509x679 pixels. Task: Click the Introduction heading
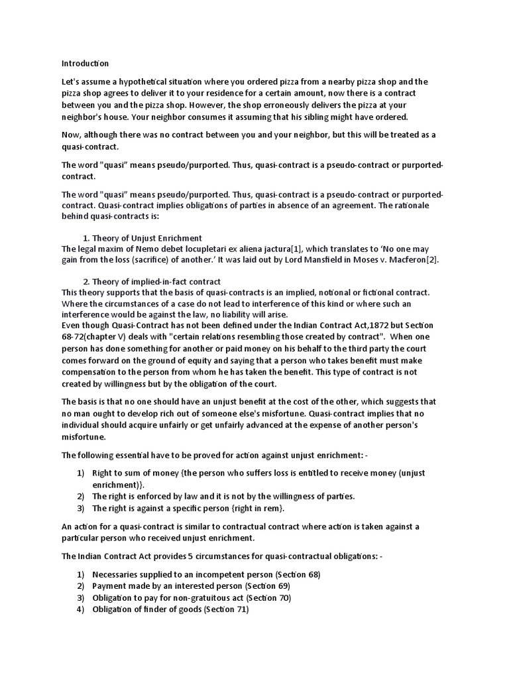click(x=85, y=64)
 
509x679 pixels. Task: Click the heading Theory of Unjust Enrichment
click(x=147, y=237)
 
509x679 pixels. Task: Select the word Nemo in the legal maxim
click(x=138, y=248)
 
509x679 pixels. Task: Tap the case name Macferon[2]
click(x=412, y=259)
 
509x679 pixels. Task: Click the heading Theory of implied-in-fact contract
click(x=156, y=282)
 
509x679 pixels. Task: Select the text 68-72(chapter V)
click(x=93, y=337)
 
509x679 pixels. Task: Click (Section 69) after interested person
click(x=268, y=586)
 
